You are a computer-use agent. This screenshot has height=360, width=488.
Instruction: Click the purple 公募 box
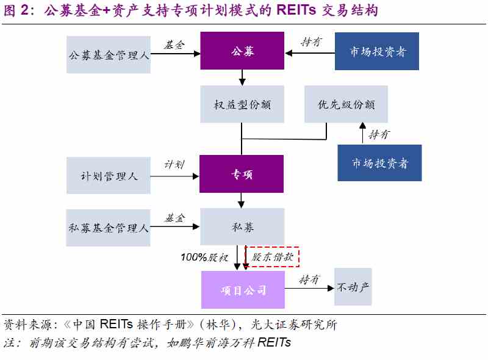(x=242, y=51)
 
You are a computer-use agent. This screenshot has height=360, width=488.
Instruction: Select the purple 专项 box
(x=242, y=174)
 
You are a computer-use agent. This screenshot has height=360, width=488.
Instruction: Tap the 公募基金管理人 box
(x=109, y=55)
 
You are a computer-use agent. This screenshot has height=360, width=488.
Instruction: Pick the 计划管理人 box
(x=109, y=176)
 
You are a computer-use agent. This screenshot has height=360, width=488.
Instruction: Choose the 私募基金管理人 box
(x=109, y=228)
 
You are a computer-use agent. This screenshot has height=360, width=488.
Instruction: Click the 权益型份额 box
(x=242, y=104)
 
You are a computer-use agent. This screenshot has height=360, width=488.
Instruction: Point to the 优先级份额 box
(x=346, y=104)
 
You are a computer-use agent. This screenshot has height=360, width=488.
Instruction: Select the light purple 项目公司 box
(x=243, y=290)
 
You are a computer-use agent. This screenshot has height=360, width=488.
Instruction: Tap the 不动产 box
(x=353, y=287)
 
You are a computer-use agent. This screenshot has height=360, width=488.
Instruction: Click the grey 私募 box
(x=242, y=227)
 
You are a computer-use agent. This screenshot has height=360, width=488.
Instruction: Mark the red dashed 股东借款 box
(x=272, y=257)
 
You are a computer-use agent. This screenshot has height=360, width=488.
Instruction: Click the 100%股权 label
(x=204, y=257)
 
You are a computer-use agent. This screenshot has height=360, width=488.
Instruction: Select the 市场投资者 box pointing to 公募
(x=377, y=51)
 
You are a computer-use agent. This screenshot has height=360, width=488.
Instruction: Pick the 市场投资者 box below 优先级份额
(x=379, y=163)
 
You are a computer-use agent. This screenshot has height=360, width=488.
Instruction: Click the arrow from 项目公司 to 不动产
(x=309, y=289)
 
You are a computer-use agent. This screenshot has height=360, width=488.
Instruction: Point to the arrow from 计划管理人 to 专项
(x=174, y=176)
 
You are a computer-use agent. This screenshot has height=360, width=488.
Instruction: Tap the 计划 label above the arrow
(x=174, y=164)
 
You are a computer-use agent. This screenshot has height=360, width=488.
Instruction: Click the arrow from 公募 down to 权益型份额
(x=242, y=77)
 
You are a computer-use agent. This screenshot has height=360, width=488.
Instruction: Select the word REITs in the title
(x=296, y=10)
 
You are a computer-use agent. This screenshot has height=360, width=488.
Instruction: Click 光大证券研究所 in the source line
(x=294, y=325)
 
